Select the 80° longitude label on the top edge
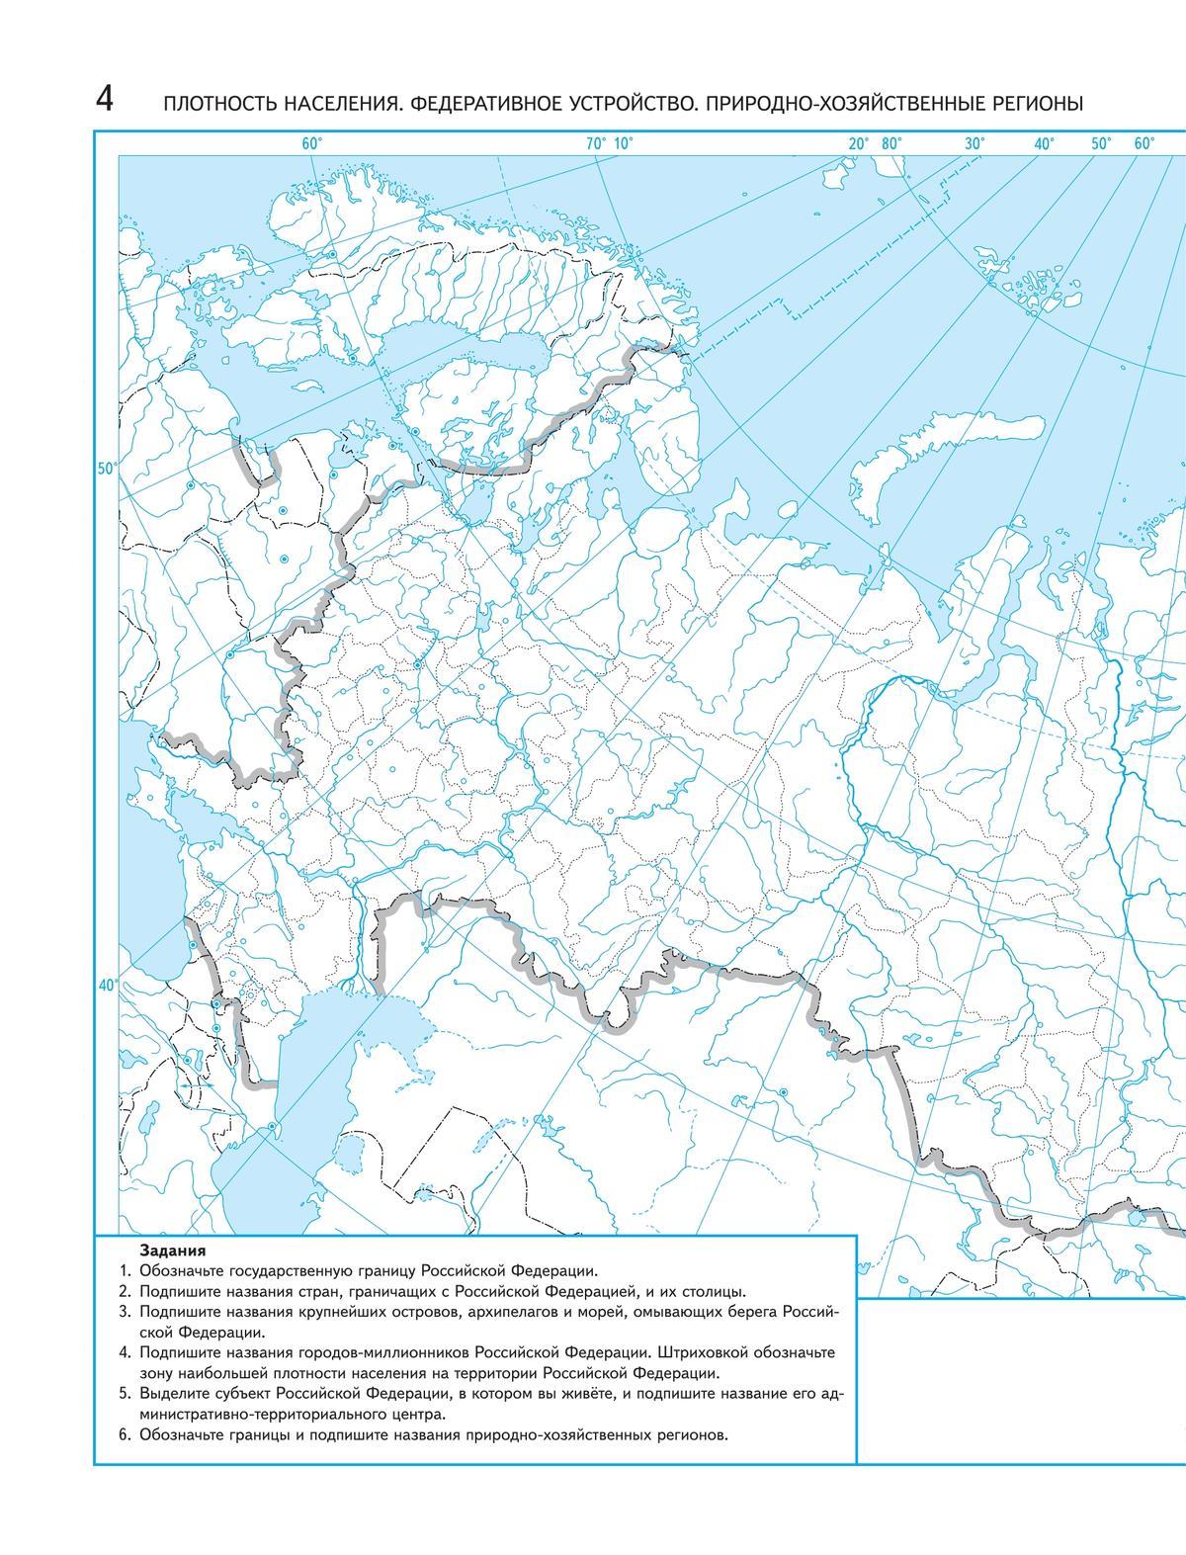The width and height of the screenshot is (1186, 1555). [891, 143]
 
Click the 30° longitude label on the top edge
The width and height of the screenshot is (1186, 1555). [974, 143]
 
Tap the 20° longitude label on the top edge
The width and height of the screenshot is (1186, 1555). [858, 143]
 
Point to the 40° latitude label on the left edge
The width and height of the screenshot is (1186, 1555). [107, 984]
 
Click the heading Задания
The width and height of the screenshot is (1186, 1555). [166, 1250]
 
